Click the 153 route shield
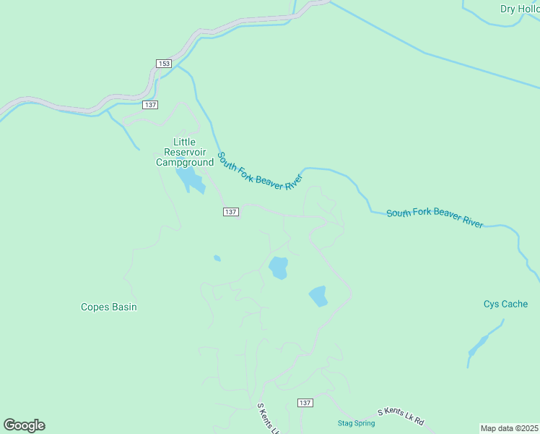(x=163, y=64)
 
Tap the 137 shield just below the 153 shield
(x=150, y=105)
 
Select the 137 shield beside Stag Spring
(x=305, y=402)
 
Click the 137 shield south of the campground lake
(x=230, y=212)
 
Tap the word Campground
(x=185, y=163)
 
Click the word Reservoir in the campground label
(x=185, y=152)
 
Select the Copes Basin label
(x=108, y=307)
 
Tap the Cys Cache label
(x=505, y=304)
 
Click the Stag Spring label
(x=357, y=422)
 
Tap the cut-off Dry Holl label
(x=519, y=9)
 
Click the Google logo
(x=24, y=425)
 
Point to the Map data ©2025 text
(x=509, y=427)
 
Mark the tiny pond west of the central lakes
(x=217, y=258)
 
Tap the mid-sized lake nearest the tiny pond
(x=279, y=268)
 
